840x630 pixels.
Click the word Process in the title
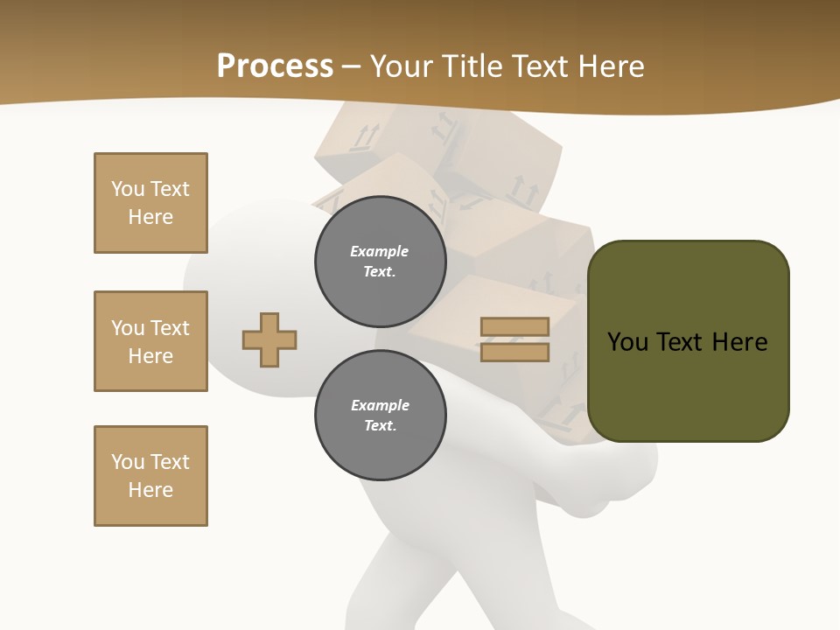[275, 66]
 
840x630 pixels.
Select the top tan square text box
[150, 203]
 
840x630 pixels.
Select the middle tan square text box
[150, 341]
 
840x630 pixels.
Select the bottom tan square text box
[150, 476]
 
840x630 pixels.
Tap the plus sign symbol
[269, 339]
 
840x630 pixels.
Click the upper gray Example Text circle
[380, 261]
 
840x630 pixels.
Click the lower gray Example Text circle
[380, 415]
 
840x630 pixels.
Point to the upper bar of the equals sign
[514, 326]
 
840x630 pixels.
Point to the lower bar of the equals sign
[514, 352]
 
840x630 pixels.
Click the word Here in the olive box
[740, 342]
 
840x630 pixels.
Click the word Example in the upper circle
[380, 251]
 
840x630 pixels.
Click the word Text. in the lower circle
[380, 425]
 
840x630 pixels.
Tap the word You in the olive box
[627, 342]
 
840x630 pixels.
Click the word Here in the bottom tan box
[150, 490]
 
